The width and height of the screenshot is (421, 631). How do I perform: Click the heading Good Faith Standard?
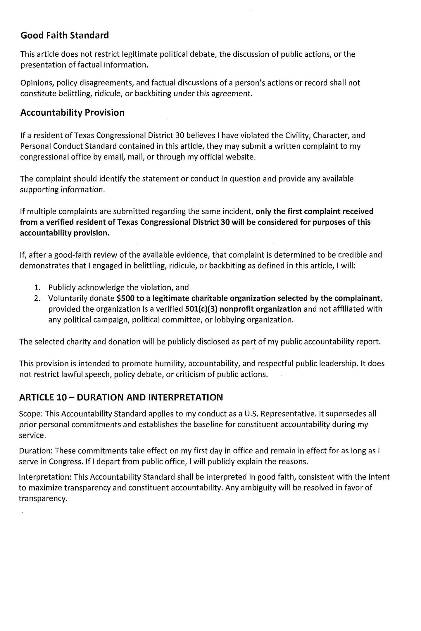point(65,35)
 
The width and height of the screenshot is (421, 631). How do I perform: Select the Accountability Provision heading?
point(72,112)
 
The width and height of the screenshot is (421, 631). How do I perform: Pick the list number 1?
point(37,288)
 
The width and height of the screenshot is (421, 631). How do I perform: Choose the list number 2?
point(37,299)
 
